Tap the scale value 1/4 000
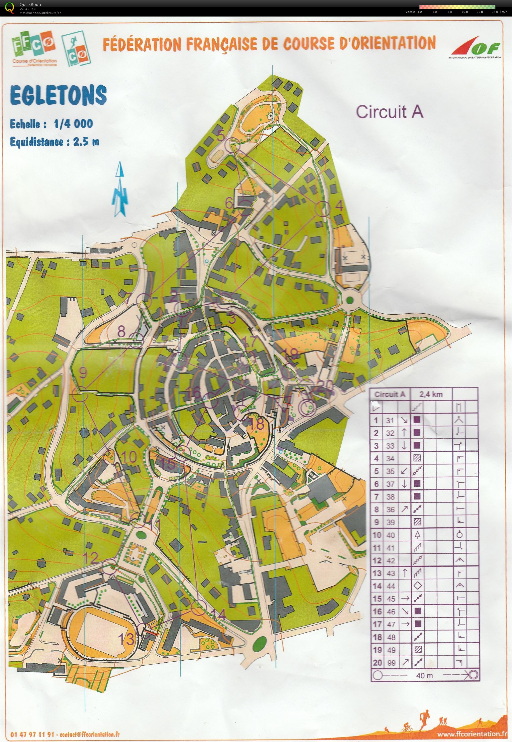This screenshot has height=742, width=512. [74, 124]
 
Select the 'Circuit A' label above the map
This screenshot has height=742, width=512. [390, 112]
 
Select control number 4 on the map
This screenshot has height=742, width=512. [339, 206]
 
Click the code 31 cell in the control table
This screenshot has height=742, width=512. [390, 420]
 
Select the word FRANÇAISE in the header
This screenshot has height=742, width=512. [222, 44]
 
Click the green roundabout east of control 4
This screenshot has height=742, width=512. [350, 300]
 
